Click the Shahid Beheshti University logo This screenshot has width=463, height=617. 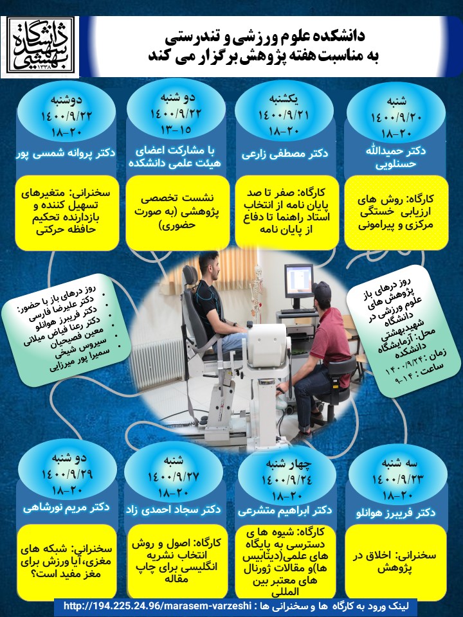click(40, 47)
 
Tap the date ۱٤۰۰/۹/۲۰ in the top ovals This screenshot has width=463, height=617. click(397, 118)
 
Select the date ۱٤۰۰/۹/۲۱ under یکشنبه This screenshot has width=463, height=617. click(284, 115)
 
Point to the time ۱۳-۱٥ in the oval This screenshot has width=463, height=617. click(176, 130)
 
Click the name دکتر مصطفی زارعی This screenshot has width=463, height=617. click(285, 154)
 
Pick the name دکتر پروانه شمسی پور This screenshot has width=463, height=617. click(66, 153)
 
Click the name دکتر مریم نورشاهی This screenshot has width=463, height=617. click(66, 507)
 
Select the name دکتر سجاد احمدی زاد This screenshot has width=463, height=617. click(173, 510)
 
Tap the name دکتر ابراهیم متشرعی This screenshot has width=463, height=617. click(285, 510)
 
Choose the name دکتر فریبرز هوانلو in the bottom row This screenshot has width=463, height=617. click(395, 513)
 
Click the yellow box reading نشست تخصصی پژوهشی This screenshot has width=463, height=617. click(177, 213)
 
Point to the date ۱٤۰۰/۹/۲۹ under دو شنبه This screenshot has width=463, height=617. click(68, 474)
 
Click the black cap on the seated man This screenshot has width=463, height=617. click(322, 291)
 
